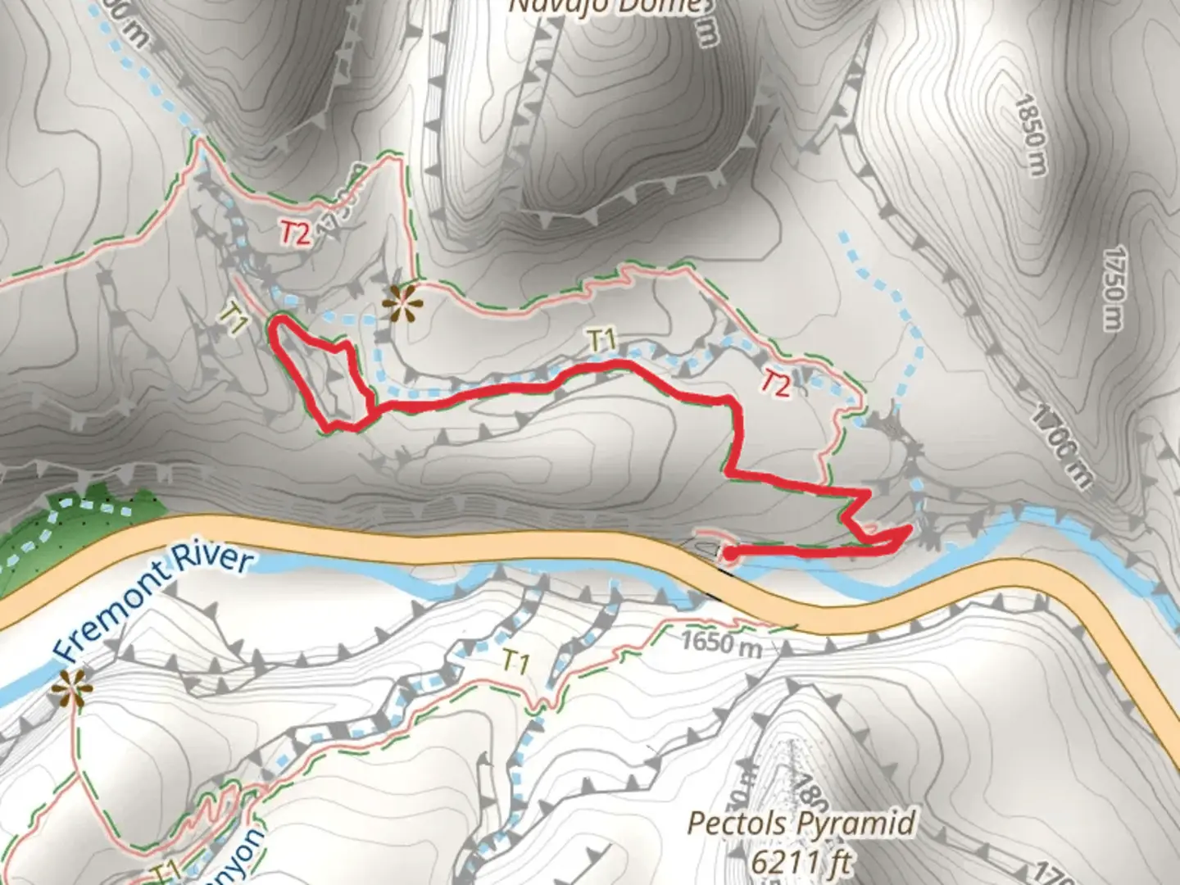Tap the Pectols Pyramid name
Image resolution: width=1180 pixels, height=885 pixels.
801,823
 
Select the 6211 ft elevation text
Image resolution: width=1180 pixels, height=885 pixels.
799,861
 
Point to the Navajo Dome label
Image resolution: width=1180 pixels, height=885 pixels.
606,7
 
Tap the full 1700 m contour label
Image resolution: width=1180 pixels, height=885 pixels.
1062,447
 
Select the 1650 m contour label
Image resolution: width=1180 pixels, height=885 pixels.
720,643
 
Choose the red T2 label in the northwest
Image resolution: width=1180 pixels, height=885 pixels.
295,234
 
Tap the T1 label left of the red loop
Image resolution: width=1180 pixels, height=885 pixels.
234,318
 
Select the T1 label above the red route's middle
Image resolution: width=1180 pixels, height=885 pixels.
601,339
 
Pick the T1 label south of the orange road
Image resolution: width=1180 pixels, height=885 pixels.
515,661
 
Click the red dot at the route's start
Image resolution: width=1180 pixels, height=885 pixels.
728,555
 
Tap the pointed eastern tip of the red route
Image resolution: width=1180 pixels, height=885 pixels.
908,530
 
